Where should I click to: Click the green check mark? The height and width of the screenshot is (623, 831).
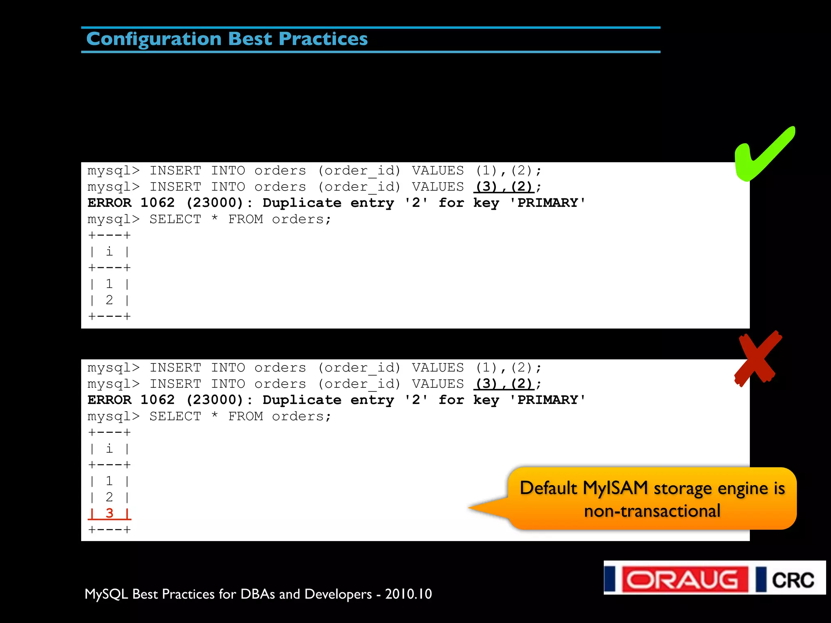coord(763,156)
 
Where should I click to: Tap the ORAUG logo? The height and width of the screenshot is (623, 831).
coord(685,579)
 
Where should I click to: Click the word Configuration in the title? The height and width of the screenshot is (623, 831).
coord(154,39)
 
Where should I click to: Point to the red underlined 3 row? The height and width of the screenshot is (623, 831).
coord(109,513)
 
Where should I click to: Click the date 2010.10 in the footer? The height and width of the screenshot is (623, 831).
coord(408,594)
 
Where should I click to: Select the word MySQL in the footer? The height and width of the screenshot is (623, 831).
coord(106,594)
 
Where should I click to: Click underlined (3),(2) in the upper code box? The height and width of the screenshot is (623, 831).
coord(504,187)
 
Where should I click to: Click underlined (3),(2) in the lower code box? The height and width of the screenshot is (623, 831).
coord(504,384)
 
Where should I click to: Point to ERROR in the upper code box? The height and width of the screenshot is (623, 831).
coord(110,203)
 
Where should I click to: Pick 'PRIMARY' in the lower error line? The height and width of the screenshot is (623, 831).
coord(547,400)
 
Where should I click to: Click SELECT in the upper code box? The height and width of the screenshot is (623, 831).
coord(175,219)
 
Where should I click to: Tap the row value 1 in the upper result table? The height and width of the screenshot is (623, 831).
coord(109,284)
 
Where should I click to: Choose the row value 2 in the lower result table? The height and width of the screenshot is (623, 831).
coord(109,497)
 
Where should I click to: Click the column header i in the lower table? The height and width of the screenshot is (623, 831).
coord(109,449)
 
